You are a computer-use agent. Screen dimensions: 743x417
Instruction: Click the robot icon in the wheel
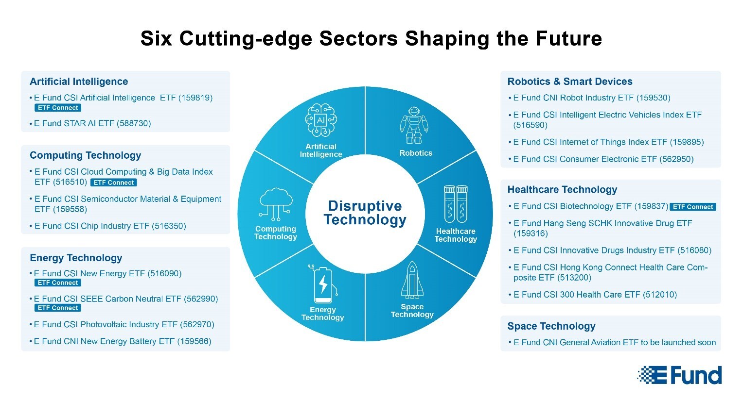pyautogui.click(x=414, y=125)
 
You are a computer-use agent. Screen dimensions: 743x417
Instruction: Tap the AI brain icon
pyautogui.click(x=321, y=120)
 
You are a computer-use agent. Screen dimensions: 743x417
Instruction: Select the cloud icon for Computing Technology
pyautogui.click(x=276, y=204)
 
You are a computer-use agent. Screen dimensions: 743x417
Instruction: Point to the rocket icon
pyautogui.click(x=412, y=280)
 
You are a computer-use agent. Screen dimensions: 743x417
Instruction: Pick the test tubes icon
pyautogui.click(x=456, y=204)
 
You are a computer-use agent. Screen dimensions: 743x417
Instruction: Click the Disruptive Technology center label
pyautogui.click(x=365, y=213)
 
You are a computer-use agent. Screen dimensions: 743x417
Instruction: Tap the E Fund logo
pyautogui.click(x=679, y=375)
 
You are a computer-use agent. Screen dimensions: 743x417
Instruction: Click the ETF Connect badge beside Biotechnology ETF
pyautogui.click(x=693, y=207)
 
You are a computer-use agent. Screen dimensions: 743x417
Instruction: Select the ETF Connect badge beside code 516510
pyautogui.click(x=113, y=183)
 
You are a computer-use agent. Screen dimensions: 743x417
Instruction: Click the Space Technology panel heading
pyautogui.click(x=551, y=326)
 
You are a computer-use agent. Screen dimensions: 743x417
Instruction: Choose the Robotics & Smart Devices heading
pyautogui.click(x=570, y=82)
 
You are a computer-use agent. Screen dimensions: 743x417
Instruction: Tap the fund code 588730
pyautogui.click(x=134, y=123)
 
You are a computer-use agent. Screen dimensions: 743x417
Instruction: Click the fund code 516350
pyautogui.click(x=169, y=226)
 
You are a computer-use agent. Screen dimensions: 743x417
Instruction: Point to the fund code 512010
pyautogui.click(x=660, y=295)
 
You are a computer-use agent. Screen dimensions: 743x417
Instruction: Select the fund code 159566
pyautogui.click(x=194, y=341)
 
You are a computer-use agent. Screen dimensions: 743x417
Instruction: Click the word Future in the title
pyautogui.click(x=569, y=38)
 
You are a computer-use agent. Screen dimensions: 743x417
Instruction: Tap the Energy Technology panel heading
pyautogui.click(x=76, y=258)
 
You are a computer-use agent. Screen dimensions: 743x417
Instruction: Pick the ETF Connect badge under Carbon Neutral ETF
pyautogui.click(x=58, y=308)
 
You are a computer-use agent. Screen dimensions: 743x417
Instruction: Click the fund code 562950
pyautogui.click(x=676, y=159)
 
